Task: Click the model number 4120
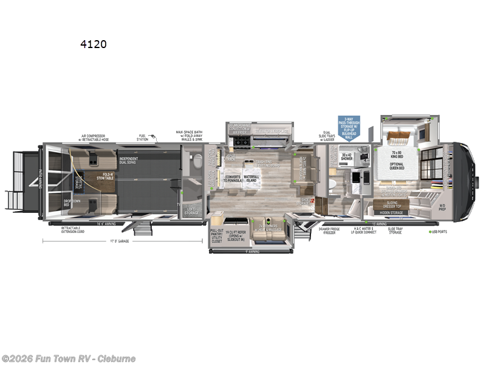tap(94, 44)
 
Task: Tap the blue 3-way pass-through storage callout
tap(349, 127)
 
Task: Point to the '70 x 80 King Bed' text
tap(397, 155)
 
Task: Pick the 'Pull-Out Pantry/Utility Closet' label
tap(217, 235)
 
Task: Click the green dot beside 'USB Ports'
tap(430, 232)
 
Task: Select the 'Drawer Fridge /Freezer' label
tap(328, 230)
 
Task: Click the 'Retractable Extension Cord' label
tap(72, 229)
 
